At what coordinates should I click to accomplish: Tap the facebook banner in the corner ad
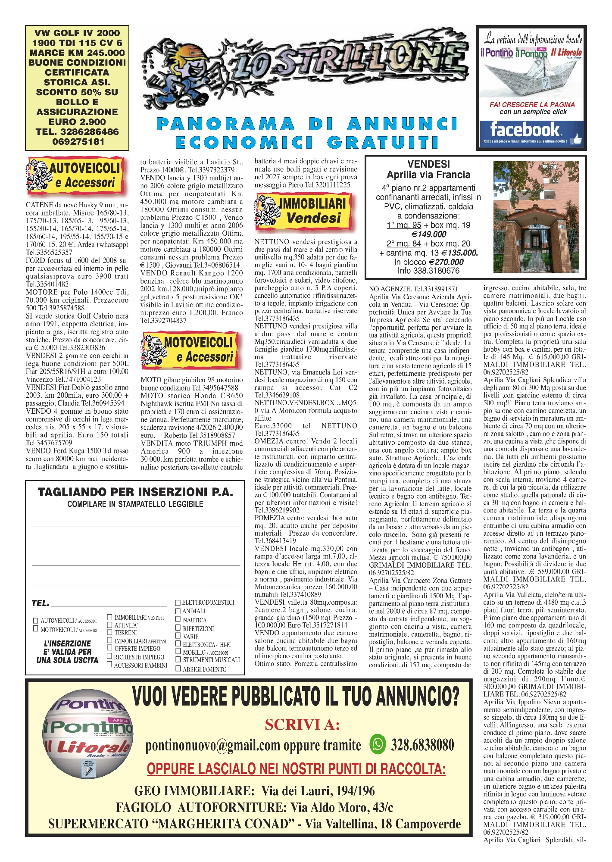[x=531, y=131]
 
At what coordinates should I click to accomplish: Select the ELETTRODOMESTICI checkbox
[x=178, y=603]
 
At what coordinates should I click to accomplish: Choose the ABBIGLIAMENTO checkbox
[x=178, y=669]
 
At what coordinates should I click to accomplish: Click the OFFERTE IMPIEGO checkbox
[x=110, y=648]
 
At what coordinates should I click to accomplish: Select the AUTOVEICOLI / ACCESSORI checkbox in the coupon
[x=36, y=621]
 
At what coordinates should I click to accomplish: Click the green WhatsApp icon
[x=378, y=744]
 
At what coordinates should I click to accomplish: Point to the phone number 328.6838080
[x=422, y=745]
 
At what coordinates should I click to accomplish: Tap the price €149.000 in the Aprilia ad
[x=429, y=234]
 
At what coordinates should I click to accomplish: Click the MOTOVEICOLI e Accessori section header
[x=191, y=350]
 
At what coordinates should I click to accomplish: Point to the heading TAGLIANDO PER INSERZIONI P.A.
[x=135, y=492]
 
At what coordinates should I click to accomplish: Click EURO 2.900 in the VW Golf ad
[x=77, y=122]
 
